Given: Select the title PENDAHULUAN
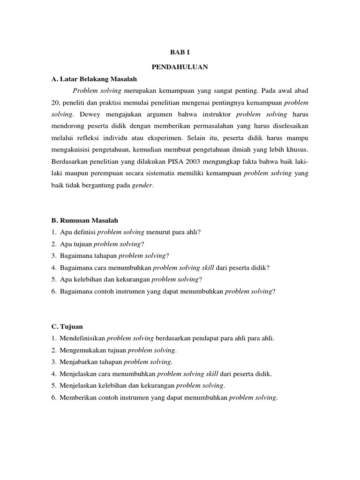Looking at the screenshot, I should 180,67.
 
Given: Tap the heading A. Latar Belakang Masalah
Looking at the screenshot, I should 90,78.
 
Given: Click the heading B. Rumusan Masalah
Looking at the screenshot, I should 85,220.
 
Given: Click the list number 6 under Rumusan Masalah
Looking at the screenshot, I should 54,291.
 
